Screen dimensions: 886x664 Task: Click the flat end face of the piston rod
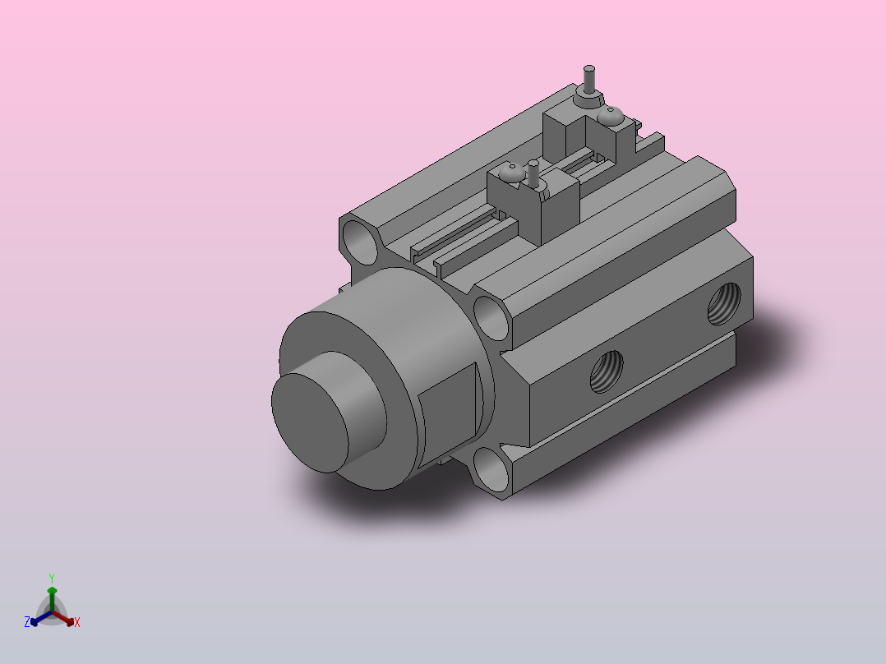click(310, 422)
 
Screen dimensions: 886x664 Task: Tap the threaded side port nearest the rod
click(607, 371)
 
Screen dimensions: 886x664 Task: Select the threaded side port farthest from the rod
click(724, 304)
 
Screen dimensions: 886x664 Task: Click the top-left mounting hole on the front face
click(360, 242)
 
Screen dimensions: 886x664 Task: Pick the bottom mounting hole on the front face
click(490, 469)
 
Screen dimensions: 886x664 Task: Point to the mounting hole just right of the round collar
click(491, 318)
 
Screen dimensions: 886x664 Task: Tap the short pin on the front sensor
click(533, 173)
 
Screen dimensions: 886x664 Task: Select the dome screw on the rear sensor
click(610, 116)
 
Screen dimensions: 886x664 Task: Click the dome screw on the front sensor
click(513, 173)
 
